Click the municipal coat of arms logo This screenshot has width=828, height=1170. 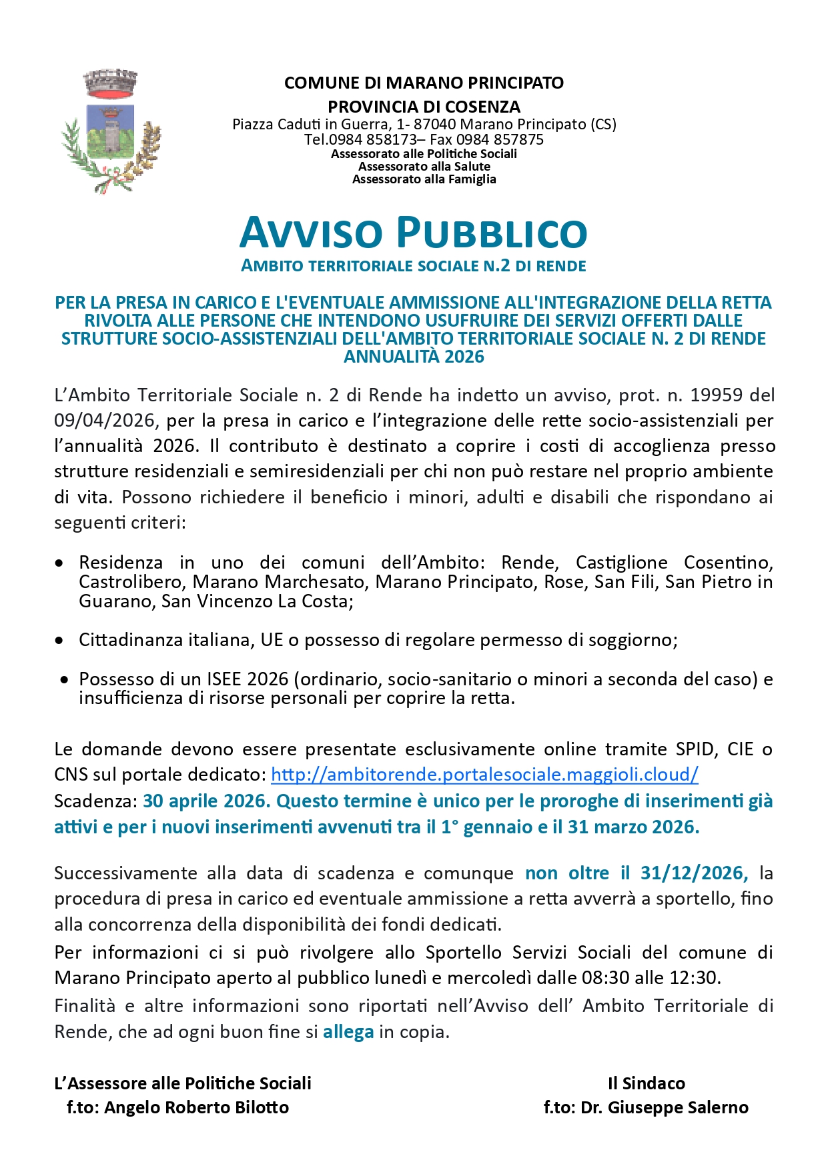pos(111,131)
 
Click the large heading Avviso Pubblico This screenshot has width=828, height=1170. pos(413,232)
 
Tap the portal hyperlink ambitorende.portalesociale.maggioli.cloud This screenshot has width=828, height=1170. pos(484,775)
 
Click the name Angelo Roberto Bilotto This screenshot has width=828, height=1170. pos(197,1107)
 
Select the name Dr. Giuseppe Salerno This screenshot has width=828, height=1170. pos(665,1107)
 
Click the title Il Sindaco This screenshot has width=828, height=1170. pos(646,1083)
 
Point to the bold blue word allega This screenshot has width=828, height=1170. pos(348,1032)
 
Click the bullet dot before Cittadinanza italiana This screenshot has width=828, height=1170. pos(60,641)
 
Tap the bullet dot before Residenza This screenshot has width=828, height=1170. pos(60,563)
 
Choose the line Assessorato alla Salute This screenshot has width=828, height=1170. pos(424,167)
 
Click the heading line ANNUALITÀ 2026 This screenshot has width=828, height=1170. pos(414,357)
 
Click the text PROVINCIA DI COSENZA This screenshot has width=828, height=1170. pos(424,107)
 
